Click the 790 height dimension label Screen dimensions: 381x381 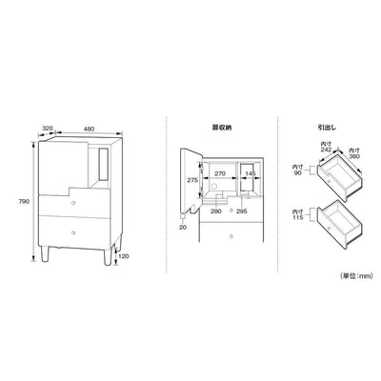[25, 202]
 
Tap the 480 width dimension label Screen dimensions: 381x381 [90, 129]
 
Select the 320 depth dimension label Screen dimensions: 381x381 [47, 129]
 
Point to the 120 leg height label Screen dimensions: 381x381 [124, 256]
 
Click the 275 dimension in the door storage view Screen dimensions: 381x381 [192, 180]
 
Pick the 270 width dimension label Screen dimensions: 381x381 [220, 173]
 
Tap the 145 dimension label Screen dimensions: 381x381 [251, 173]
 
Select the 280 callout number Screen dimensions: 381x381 [216, 211]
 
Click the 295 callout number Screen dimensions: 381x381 [242, 211]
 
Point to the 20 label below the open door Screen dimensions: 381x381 [183, 228]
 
